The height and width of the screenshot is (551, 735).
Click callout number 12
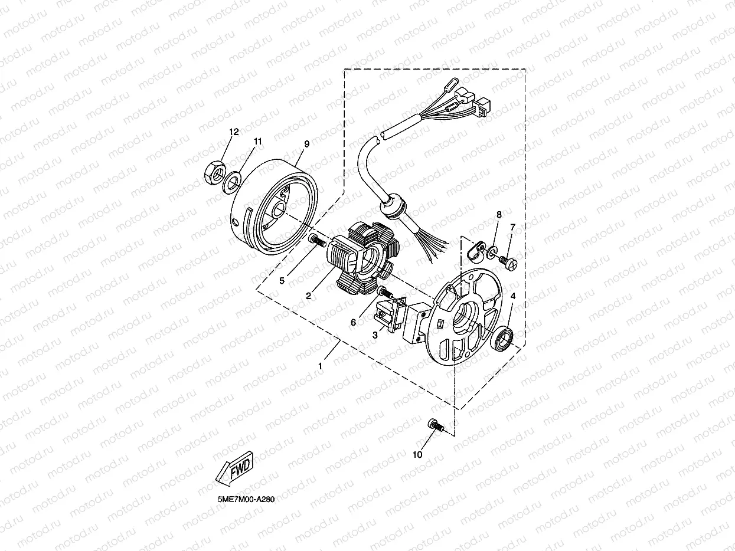coord(234,132)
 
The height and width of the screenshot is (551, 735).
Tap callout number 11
coord(257,142)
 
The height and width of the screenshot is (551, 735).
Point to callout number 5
coord(282,281)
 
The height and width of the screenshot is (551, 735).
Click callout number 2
coord(308,296)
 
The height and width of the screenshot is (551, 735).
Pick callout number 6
coord(354,323)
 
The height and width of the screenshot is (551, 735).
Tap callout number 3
coord(374,334)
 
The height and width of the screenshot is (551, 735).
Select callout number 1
coord(320,366)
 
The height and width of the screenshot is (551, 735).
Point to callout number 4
coord(513,296)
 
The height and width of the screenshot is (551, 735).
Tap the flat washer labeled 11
coord(233,180)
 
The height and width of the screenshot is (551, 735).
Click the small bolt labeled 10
coord(435,424)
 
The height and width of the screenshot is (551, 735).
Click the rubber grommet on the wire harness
coord(390,206)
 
